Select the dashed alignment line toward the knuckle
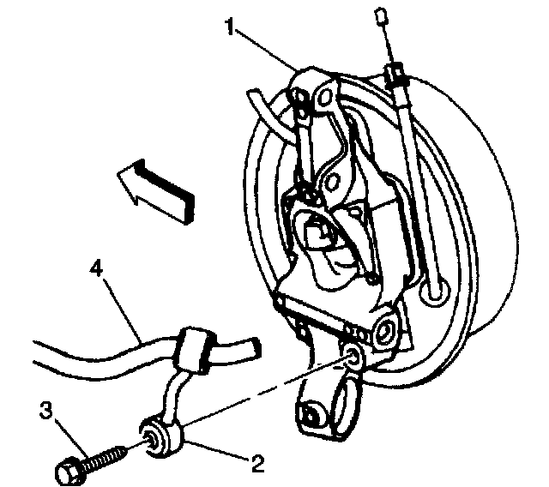pos(257,395)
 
